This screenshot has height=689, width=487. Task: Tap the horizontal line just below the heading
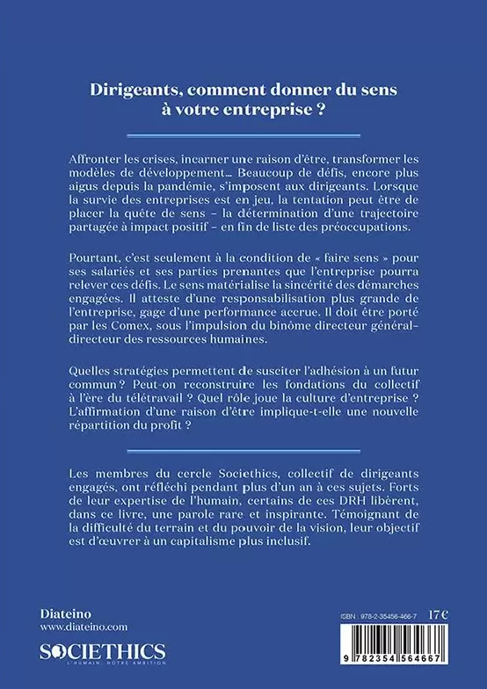[x=243, y=134]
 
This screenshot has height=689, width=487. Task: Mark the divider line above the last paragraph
[x=243, y=456]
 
